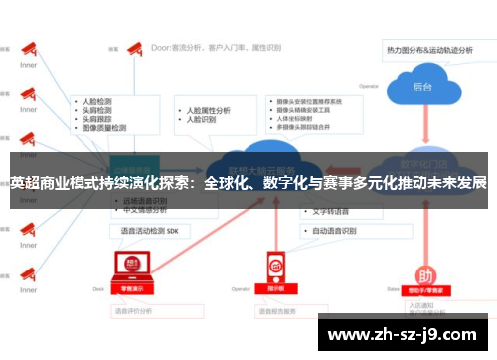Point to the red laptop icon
coord(130,267)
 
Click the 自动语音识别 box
coord(334,230)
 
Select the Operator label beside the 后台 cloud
coord(369,85)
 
